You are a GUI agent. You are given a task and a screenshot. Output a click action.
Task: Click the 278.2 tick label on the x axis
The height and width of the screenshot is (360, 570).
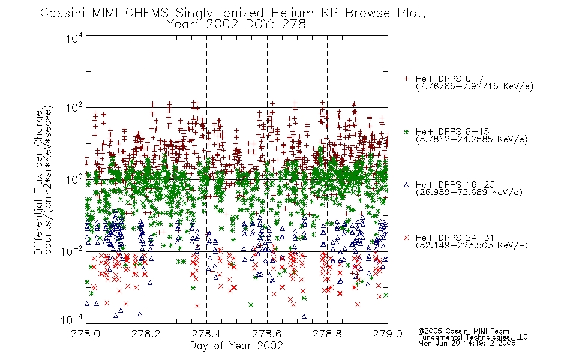146,334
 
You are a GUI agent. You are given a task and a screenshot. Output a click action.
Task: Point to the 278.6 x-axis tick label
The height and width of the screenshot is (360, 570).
267,334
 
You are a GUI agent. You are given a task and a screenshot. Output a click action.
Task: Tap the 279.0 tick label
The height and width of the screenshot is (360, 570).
388,334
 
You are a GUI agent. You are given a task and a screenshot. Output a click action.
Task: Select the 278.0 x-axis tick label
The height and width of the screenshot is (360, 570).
86,334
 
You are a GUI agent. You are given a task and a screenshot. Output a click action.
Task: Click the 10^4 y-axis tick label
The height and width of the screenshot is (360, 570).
74,38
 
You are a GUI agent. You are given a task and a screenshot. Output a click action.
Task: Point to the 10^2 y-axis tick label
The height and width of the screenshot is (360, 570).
74,108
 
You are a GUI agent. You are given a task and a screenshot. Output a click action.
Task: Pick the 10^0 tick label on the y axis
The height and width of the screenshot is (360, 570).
74,179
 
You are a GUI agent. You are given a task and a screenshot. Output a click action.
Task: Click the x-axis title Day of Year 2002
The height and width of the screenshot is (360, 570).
236,346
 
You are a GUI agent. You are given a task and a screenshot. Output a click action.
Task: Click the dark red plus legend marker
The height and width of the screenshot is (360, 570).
406,79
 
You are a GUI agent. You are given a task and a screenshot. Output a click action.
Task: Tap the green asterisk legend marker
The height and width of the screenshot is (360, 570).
406,131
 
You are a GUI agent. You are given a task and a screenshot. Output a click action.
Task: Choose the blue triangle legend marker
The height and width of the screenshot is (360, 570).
406,185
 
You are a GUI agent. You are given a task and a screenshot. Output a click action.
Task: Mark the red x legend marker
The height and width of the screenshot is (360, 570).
406,238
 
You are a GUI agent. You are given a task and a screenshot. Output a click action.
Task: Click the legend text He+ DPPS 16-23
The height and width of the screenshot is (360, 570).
455,184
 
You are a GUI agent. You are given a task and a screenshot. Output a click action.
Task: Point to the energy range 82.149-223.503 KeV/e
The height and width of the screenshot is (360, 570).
472,245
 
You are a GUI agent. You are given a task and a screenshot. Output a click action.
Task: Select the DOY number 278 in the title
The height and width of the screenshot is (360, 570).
294,25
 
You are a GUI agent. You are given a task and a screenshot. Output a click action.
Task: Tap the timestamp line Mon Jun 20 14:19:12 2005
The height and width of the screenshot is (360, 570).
467,343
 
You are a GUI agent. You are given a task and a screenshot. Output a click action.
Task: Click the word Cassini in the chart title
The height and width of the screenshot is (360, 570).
63,13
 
